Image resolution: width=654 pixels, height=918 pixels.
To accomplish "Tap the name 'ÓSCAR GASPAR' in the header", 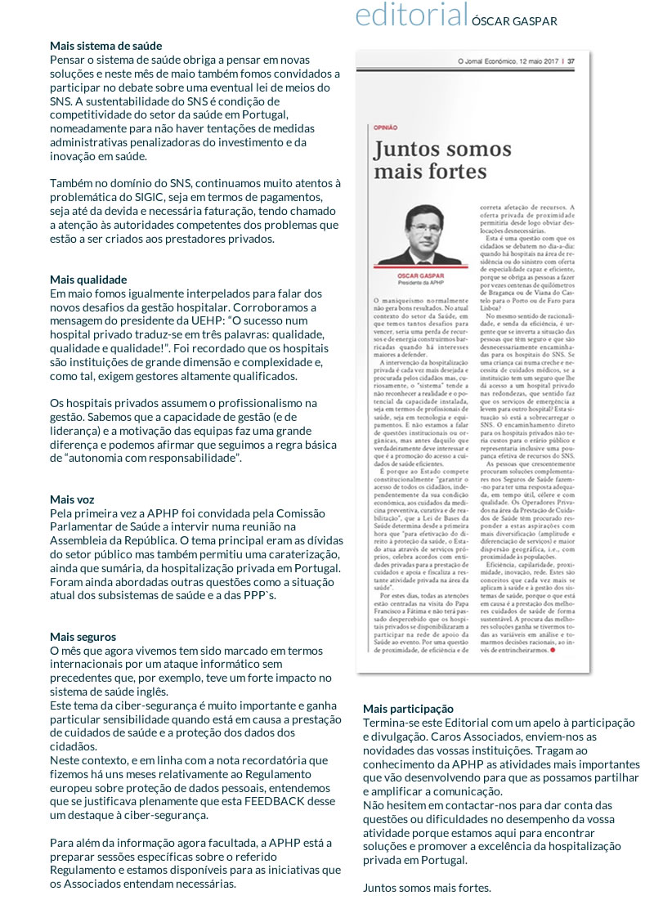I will point(514,21).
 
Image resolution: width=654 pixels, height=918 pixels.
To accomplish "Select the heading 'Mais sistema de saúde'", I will point(105,46).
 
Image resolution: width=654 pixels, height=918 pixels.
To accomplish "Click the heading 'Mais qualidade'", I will point(87,280).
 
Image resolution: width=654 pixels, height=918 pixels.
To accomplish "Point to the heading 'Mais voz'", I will point(72,499).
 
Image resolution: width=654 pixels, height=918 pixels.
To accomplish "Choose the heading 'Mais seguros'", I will point(83,636).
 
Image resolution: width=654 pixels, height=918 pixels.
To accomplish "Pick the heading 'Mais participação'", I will point(408,708).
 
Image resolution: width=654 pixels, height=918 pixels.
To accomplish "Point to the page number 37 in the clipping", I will point(571,60).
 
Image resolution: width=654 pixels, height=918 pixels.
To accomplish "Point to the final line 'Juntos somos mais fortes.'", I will point(427,888).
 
